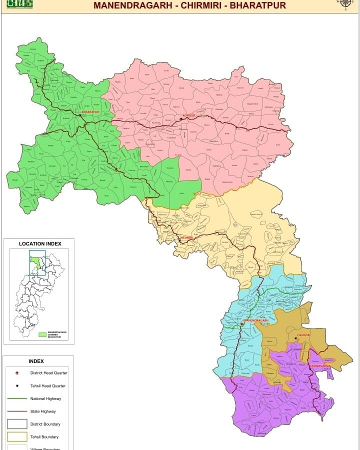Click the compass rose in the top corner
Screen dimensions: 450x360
click(345, 2)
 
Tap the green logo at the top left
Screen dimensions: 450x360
click(19, 3)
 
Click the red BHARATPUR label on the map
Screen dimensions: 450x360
click(90, 112)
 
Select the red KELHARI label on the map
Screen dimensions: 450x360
click(186, 237)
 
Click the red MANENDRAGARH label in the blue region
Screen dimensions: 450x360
click(256, 320)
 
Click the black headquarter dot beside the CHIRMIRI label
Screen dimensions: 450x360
click(295, 338)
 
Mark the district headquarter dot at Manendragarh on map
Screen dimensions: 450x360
click(242, 324)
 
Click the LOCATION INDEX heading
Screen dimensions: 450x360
click(40, 244)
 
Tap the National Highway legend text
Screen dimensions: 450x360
click(45, 398)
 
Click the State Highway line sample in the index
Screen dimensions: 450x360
click(16, 411)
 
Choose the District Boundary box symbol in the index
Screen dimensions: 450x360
click(16, 424)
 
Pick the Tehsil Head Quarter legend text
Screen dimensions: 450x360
click(48, 386)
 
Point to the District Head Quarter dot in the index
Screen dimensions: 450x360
click(16, 373)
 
